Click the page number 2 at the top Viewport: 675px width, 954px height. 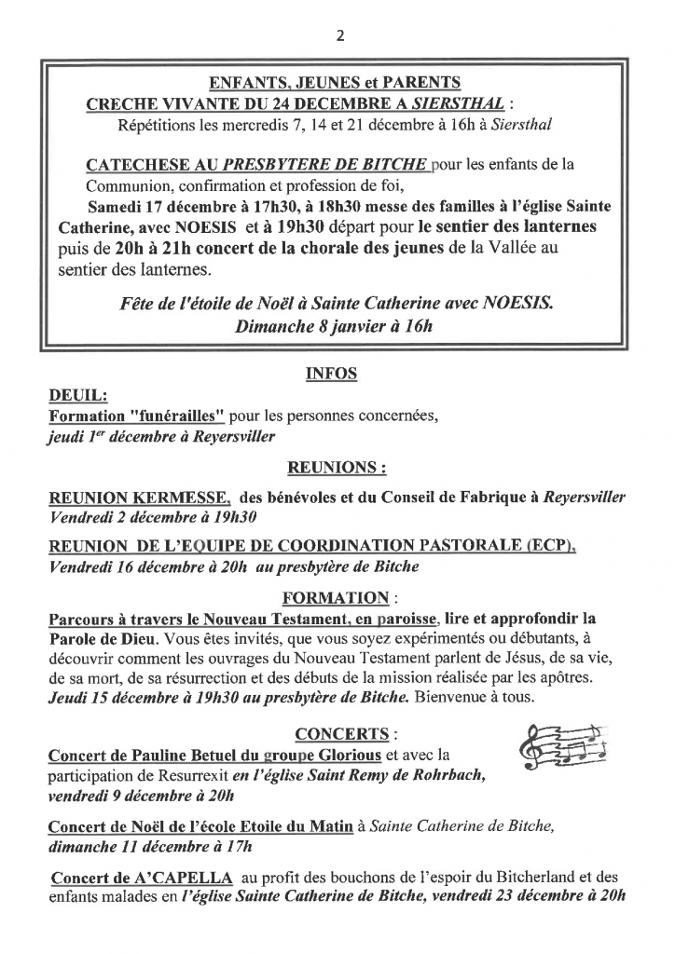[338, 36]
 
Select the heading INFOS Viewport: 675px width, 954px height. [331, 375]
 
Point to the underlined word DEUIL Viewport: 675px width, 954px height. [76, 396]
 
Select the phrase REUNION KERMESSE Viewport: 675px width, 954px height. [139, 497]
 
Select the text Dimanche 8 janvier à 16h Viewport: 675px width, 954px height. [334, 328]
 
